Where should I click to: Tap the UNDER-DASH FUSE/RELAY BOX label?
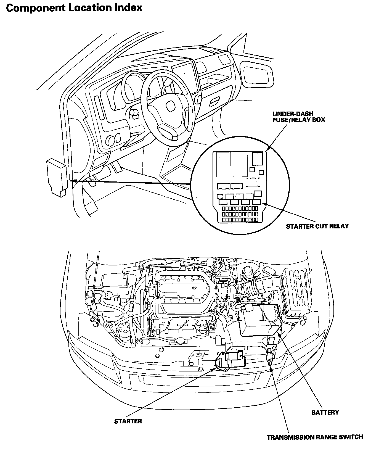[298, 117]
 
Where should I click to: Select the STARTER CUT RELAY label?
[317, 226]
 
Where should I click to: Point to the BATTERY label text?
[325, 412]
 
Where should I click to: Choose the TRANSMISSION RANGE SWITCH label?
[315, 437]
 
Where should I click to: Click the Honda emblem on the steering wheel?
[169, 106]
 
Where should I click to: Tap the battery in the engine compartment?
[260, 320]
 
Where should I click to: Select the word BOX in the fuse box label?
[318, 120]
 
